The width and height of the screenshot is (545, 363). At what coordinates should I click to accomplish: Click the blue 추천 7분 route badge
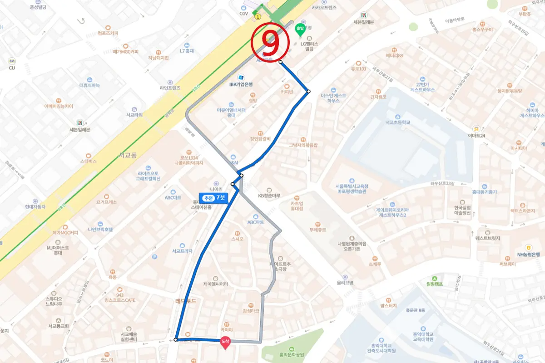point(214,198)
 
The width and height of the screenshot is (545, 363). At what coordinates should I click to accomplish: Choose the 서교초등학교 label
point(397,123)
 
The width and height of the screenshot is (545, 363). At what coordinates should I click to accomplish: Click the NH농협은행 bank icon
point(529,247)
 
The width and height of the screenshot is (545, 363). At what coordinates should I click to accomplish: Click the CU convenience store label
point(12,68)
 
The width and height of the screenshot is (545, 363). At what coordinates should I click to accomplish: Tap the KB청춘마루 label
point(269,196)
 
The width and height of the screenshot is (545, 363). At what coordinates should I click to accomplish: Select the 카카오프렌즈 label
point(324,7)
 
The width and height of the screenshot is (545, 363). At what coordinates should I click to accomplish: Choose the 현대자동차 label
point(35,206)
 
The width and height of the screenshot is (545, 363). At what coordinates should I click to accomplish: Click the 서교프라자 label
point(182,250)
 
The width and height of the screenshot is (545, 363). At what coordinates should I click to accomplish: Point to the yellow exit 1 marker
point(258,17)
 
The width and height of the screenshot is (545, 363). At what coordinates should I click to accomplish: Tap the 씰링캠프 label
point(435,284)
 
